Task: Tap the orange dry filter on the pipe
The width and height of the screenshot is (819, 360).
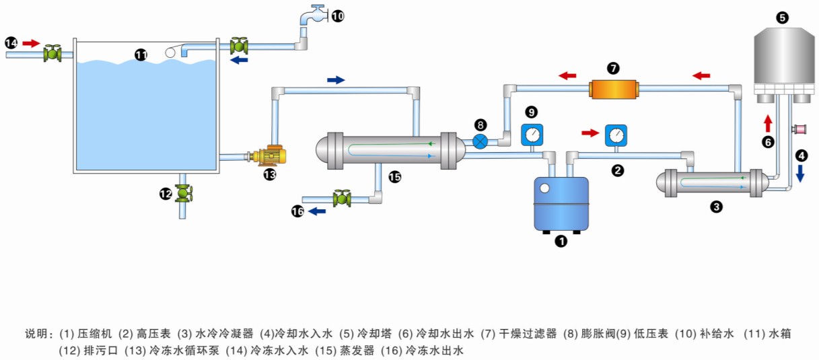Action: [612, 89]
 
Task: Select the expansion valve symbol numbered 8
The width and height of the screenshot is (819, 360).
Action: [480, 141]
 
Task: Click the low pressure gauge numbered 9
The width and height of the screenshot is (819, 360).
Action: [532, 135]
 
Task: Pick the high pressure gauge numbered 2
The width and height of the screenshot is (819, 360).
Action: [615, 135]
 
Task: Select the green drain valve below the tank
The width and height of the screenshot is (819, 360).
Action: [182, 194]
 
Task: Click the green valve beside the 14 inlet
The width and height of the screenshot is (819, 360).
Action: [51, 53]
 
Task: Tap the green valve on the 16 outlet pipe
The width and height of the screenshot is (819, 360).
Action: [342, 199]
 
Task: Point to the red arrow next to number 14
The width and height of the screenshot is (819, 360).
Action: [31, 43]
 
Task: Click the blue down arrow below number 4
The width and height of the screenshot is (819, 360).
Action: [800, 174]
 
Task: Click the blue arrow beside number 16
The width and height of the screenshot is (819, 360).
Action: [317, 211]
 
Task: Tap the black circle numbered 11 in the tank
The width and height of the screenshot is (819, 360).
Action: [141, 55]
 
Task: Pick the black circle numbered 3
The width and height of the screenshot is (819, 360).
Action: [717, 207]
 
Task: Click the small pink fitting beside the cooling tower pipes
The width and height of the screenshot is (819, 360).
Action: [801, 129]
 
